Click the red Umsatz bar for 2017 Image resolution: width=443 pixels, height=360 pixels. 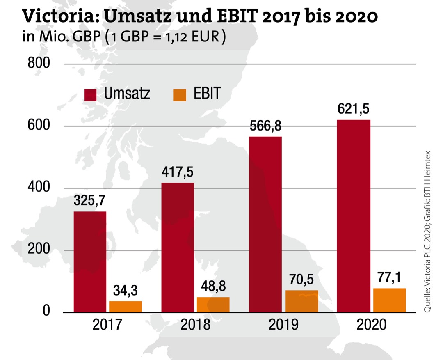pyautogui.click(x=90, y=261)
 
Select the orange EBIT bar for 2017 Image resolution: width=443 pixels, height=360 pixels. pyautogui.click(x=125, y=307)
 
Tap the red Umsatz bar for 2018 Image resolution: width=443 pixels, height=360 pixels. pyautogui.click(x=178, y=247)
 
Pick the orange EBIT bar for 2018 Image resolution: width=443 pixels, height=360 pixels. pyautogui.click(x=213, y=304)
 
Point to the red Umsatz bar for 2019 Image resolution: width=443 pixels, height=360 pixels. pyautogui.click(x=265, y=224)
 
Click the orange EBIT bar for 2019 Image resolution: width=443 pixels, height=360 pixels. pyautogui.click(x=301, y=301)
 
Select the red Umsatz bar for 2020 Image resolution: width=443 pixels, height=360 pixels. pyautogui.click(x=354, y=216)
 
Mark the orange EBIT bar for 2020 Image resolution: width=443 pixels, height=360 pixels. pyautogui.click(x=389, y=300)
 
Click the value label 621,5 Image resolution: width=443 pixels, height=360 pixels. pyautogui.click(x=354, y=110)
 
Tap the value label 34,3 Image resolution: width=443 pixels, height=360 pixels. pyautogui.click(x=125, y=291)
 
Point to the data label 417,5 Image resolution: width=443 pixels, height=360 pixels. pyautogui.click(x=178, y=172)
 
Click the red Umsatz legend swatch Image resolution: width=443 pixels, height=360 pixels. pyautogui.click(x=91, y=94)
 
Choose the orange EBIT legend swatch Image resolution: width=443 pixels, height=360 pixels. pyautogui.click(x=180, y=94)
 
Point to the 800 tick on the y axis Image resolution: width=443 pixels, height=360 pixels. pyautogui.click(x=38, y=64)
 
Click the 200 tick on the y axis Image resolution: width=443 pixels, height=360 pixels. pyautogui.click(x=38, y=250)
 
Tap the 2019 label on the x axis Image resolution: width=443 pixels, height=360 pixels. pyautogui.click(x=283, y=325)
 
